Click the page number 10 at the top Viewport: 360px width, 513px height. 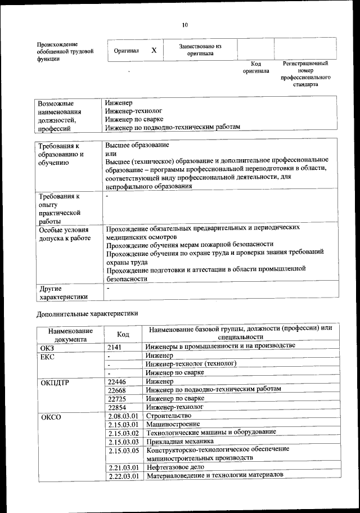[184, 25]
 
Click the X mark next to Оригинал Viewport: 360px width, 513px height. [154, 50]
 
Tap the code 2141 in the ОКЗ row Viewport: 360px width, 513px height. [115, 347]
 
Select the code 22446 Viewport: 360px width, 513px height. [116, 381]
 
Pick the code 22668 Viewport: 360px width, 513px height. [116, 390]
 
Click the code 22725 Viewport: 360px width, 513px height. [116, 398]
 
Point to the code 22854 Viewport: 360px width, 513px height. [116, 407]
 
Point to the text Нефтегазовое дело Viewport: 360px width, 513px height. [175, 467]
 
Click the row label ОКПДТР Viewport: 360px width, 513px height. [55, 382]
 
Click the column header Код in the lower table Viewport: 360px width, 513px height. [123, 334]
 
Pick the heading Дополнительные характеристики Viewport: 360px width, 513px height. [87, 313]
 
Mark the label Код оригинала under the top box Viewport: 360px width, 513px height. [256, 67]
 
